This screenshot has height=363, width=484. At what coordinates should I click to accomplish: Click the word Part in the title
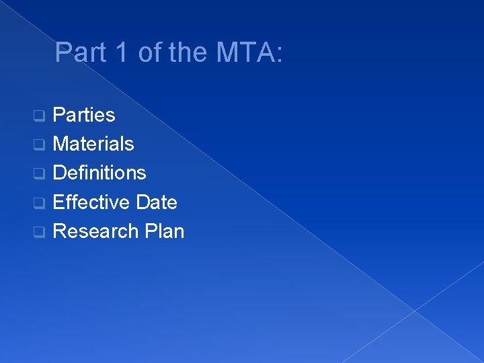76,52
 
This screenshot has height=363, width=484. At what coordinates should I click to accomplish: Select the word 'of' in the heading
147,52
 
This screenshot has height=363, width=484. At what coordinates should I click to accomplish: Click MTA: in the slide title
246,52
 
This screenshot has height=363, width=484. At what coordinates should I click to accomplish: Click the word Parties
84,115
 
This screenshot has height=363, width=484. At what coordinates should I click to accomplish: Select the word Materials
93,144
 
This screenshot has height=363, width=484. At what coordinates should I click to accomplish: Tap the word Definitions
99,173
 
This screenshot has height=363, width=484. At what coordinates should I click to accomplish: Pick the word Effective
91,202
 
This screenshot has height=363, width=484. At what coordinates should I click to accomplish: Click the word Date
156,202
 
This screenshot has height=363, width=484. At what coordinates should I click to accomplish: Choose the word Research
95,231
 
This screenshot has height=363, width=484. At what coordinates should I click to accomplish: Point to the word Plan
164,231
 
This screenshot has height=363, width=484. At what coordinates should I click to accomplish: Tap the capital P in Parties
58,115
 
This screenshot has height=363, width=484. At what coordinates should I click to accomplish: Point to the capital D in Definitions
59,173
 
